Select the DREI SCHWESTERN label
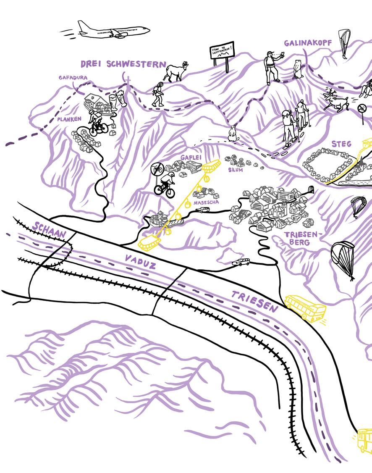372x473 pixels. point(123,64)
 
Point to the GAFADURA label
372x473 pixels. point(73,78)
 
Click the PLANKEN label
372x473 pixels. point(70,119)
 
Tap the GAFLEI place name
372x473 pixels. point(191,157)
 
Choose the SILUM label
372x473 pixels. point(236,170)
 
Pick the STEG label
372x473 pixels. point(341,144)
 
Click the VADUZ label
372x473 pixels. point(140,261)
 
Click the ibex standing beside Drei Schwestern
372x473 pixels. point(177,72)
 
